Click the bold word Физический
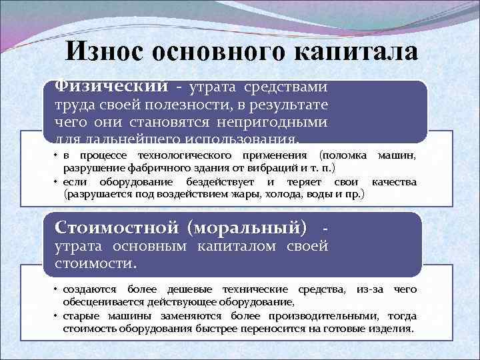pos(111,87)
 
